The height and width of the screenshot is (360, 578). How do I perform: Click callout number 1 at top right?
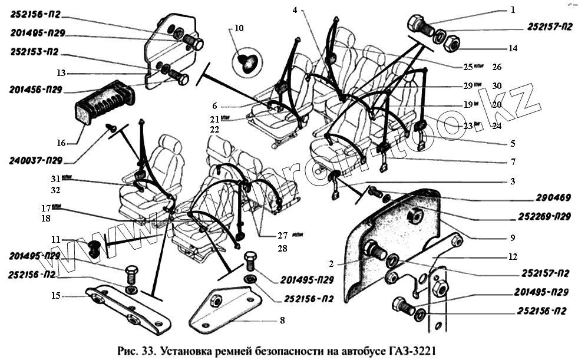pyautogui.click(x=513, y=10)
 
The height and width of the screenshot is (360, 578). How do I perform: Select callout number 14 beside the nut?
pyautogui.click(x=513, y=48)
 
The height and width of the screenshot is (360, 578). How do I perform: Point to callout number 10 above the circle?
pyautogui.click(x=238, y=28)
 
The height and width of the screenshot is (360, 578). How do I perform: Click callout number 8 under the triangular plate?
pyautogui.click(x=282, y=321)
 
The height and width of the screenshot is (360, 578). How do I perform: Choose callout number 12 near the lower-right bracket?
pyautogui.click(x=513, y=257)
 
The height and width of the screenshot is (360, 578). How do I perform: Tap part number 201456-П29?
pyautogui.click(x=36, y=91)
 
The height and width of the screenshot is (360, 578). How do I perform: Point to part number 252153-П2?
pyautogui.click(x=34, y=52)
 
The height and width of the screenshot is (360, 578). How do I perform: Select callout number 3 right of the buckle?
pyautogui.click(x=513, y=181)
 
